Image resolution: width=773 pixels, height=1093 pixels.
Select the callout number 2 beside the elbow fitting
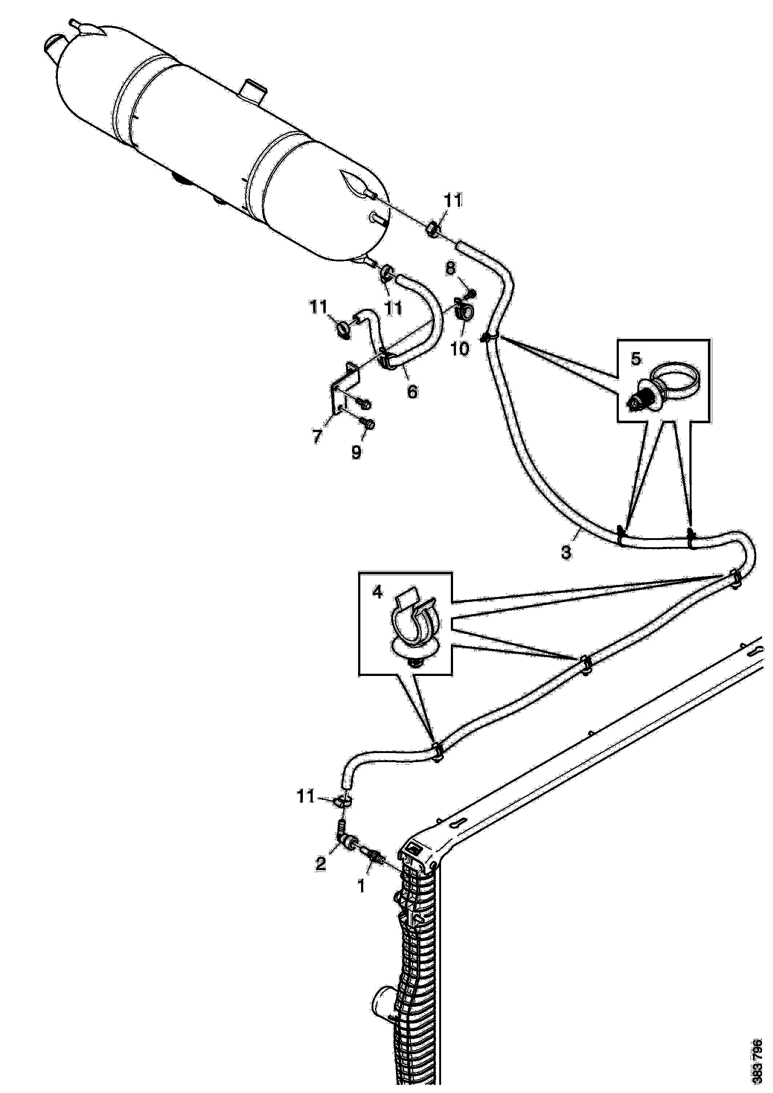(321, 863)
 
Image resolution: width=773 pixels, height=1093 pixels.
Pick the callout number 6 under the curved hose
(412, 391)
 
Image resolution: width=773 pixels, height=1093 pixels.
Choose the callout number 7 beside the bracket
(317, 436)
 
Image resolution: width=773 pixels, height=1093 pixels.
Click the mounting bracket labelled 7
(344, 388)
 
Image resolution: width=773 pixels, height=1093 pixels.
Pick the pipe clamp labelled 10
(464, 309)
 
